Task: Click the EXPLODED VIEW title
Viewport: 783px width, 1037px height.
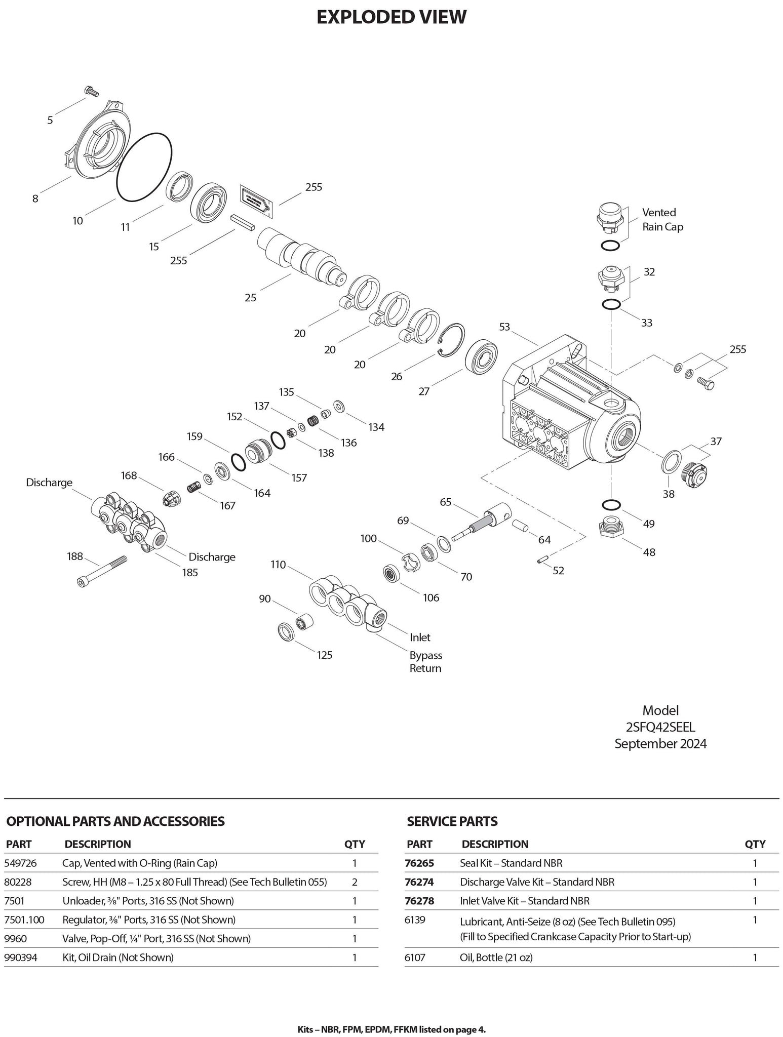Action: point(391,17)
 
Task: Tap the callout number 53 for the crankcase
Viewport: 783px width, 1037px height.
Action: point(504,327)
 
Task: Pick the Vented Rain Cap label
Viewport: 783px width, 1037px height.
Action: point(662,219)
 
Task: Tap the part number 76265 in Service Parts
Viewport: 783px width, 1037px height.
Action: point(419,863)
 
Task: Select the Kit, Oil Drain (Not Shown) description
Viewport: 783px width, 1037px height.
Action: point(118,957)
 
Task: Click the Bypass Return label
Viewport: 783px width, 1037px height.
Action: point(425,661)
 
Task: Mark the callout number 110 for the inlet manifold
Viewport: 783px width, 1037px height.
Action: point(278,565)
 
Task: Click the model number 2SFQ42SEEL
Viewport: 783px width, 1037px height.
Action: point(660,727)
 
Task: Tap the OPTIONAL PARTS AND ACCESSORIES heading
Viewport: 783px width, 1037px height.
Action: point(115,821)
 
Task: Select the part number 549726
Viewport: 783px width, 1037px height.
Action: point(20,863)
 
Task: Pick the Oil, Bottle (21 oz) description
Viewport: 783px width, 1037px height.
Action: point(496,957)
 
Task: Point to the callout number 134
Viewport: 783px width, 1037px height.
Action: point(376,427)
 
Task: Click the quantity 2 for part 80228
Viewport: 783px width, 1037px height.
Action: point(355,882)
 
